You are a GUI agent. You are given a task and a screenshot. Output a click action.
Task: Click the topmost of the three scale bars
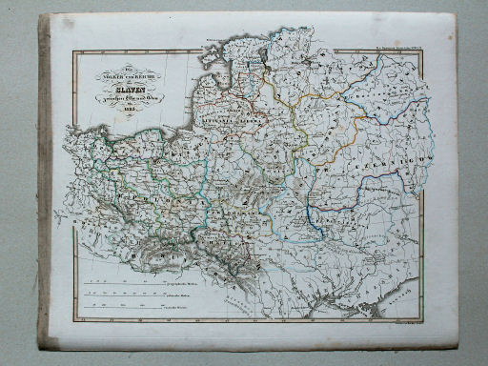[124, 283]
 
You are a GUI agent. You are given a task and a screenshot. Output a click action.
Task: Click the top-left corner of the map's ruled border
[71, 51]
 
